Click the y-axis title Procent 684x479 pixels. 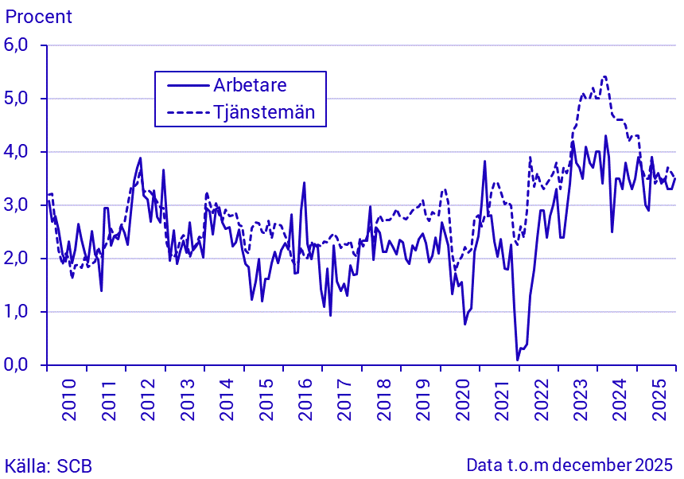click(x=38, y=16)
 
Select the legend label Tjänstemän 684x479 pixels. click(x=264, y=112)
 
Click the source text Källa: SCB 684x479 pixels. click(x=48, y=465)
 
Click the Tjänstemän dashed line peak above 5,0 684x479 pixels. click(x=605, y=77)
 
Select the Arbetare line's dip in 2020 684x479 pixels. click(x=465, y=323)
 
